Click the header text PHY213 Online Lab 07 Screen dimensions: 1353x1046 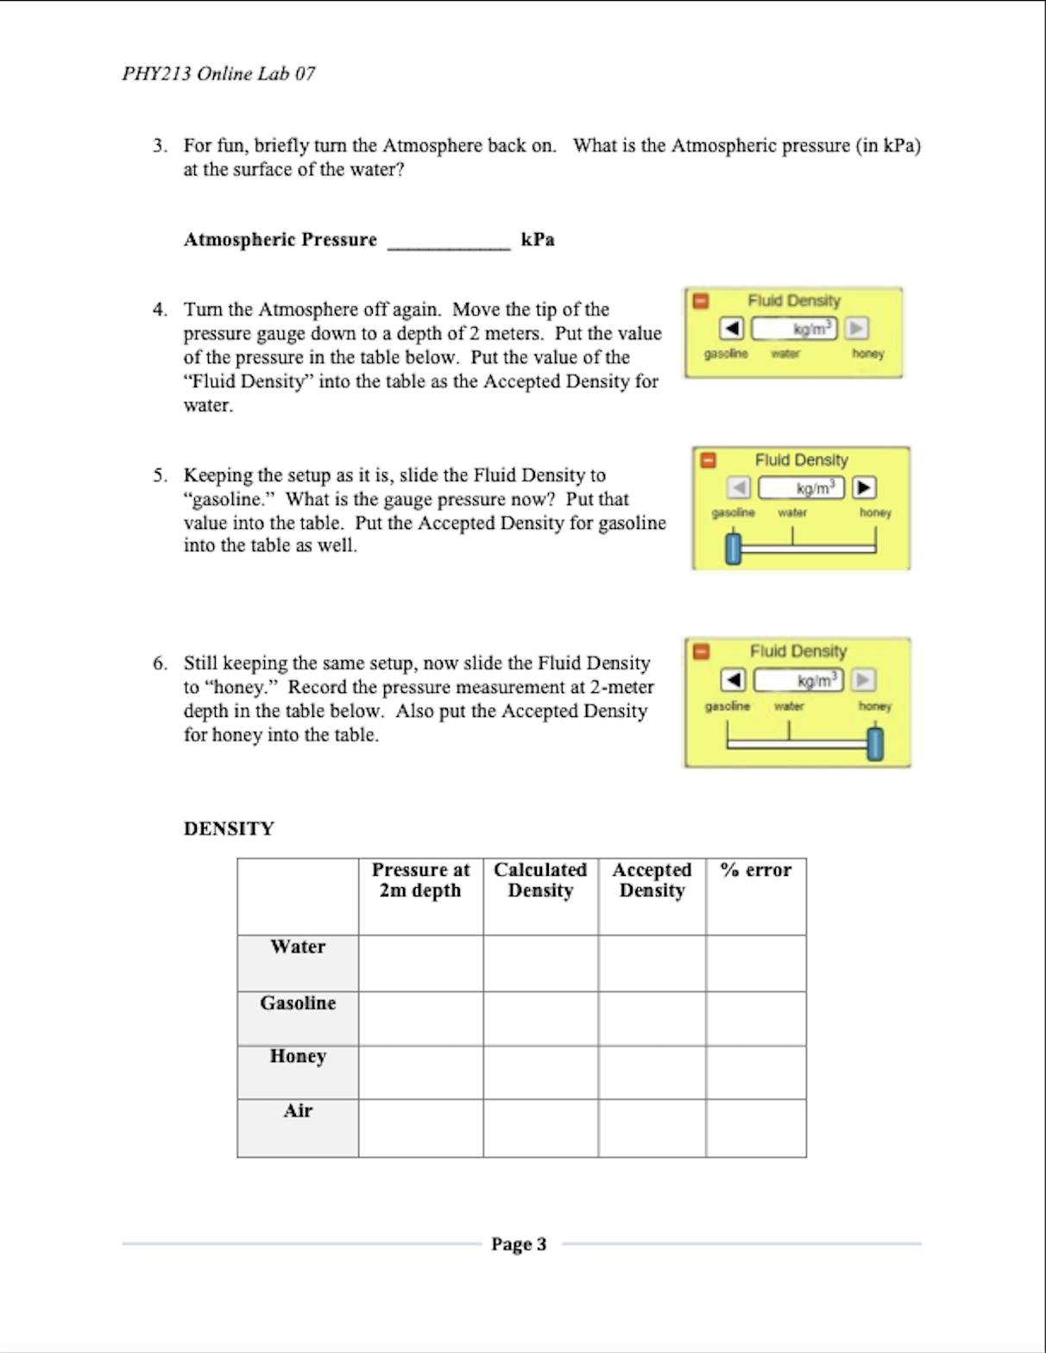pyautogui.click(x=218, y=73)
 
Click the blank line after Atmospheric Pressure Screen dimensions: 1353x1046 pyautogui.click(x=449, y=242)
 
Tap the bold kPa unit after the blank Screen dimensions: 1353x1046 pyautogui.click(x=538, y=240)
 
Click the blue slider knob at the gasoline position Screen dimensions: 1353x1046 pyautogui.click(x=733, y=549)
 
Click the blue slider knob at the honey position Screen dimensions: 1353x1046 pyautogui.click(x=875, y=744)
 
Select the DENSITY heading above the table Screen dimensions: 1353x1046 pyautogui.click(x=229, y=828)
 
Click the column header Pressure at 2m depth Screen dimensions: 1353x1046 pyautogui.click(x=420, y=880)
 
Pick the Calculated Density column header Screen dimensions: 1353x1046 pyautogui.click(x=540, y=880)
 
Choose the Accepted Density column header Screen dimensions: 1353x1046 pyautogui.click(x=652, y=880)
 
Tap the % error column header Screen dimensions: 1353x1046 pyautogui.click(x=755, y=870)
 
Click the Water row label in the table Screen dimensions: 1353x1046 pyautogui.click(x=298, y=947)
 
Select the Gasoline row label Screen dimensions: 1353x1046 pyautogui.click(x=298, y=1003)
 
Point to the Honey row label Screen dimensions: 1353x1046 pyautogui.click(x=298, y=1056)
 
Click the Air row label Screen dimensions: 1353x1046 pyautogui.click(x=298, y=1111)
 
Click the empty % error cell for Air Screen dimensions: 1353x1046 pyautogui.click(x=756, y=1128)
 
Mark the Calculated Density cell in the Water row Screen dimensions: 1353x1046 pyautogui.click(x=540, y=963)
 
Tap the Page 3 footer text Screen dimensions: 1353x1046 pyautogui.click(x=519, y=1243)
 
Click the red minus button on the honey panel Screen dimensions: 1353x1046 pyautogui.click(x=702, y=652)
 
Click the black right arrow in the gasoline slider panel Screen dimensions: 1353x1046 pyautogui.click(x=865, y=488)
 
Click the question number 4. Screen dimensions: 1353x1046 pyautogui.click(x=160, y=310)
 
